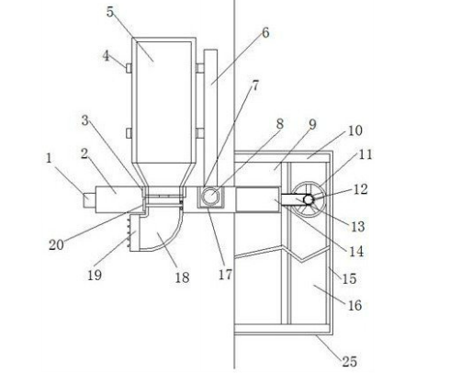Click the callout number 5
(x=110, y=12)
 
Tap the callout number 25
(x=350, y=362)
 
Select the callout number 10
(x=355, y=130)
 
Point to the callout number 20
(x=56, y=244)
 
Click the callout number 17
(x=225, y=275)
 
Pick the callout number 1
(x=49, y=159)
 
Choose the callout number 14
(x=356, y=252)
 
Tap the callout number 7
(x=255, y=86)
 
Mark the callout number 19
(x=95, y=275)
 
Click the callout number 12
(x=360, y=189)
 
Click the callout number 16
(x=354, y=305)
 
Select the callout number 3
(x=84, y=120)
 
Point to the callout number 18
(x=182, y=277)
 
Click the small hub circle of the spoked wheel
(x=309, y=199)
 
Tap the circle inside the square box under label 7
(x=210, y=196)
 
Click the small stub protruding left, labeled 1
(x=89, y=199)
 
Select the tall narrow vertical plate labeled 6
(x=210, y=118)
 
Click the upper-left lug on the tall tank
(x=129, y=68)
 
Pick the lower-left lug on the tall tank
(x=129, y=133)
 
